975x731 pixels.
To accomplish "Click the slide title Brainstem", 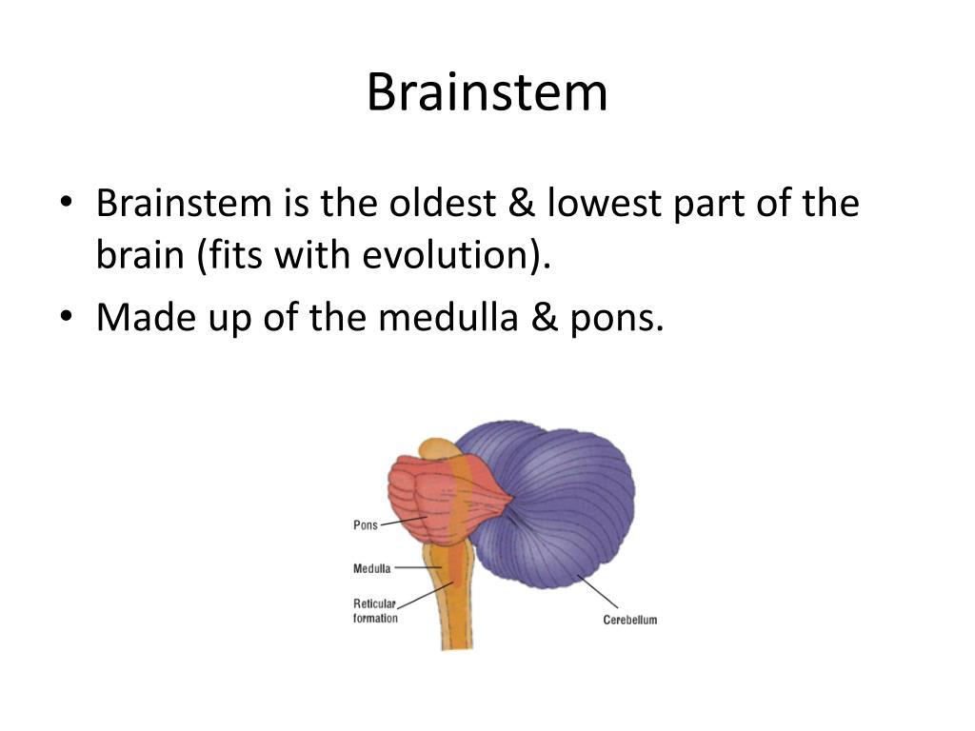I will [487, 93].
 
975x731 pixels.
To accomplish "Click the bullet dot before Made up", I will [66, 317].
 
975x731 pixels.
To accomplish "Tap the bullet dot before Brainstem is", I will [66, 204].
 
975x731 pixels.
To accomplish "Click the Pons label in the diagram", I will [366, 525].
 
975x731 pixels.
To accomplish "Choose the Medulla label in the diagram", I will [371, 569].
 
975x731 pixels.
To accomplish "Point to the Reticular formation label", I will [375, 610].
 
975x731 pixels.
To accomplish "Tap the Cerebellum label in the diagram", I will [629, 620].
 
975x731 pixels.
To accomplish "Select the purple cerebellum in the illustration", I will [562, 504].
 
